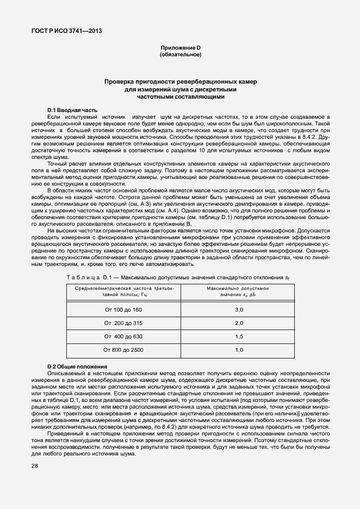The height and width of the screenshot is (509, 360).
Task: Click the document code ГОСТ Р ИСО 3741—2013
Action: click(66, 31)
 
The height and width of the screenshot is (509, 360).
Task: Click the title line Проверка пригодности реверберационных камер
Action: click(180, 81)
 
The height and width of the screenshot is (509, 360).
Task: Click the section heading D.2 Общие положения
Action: click(77, 366)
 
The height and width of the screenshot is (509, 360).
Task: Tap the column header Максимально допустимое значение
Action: click(238, 290)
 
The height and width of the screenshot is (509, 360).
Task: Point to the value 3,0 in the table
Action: click(239, 309)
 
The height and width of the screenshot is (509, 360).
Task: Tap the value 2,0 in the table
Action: click(239, 323)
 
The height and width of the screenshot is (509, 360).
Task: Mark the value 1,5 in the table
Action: click(239, 336)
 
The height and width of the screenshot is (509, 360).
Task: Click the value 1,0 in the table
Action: click(239, 350)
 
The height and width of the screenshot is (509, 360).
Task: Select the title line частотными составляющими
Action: click(180, 96)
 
